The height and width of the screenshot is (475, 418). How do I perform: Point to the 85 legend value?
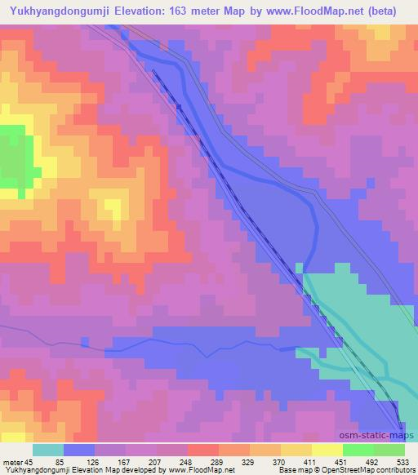point(69,462)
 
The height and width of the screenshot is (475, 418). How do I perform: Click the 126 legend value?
point(103,462)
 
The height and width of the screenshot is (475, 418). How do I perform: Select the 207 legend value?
point(169,462)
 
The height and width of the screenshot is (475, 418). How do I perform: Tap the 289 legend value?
point(236,462)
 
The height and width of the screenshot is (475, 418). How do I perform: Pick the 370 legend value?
point(302,462)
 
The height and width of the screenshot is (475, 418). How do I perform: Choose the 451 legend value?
point(368,462)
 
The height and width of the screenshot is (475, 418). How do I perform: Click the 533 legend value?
point(402,462)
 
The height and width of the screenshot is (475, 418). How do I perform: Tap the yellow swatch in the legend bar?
point(327,450)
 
